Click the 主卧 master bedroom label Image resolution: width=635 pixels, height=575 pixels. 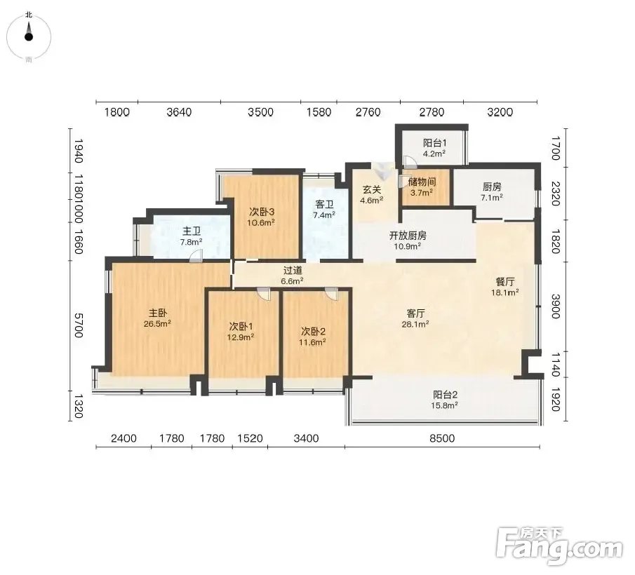tap(158, 313)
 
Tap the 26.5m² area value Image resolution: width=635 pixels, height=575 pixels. tap(157, 324)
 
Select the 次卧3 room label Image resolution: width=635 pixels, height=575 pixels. tap(262, 212)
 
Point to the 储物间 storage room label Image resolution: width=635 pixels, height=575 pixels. tap(422, 182)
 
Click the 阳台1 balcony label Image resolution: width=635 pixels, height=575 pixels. tap(434, 143)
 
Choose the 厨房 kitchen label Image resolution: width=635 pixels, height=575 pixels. tap(492, 187)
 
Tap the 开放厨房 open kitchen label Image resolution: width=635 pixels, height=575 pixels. tap(408, 236)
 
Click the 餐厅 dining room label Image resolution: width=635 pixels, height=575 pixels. tap(504, 282)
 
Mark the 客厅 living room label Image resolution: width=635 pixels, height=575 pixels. tap(415, 313)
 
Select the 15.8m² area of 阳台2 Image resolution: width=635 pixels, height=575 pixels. tap(444, 405)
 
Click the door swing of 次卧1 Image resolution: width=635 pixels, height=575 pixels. tap(263, 295)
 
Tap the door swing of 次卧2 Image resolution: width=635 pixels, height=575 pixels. tap(331, 295)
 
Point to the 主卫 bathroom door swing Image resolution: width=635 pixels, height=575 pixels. tap(196, 256)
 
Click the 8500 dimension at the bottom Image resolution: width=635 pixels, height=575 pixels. tap(442, 438)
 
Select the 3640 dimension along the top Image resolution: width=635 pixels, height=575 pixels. tap(179, 112)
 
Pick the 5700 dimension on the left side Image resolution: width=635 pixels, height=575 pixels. tap(79, 325)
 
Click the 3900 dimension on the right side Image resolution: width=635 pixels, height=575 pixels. tap(556, 306)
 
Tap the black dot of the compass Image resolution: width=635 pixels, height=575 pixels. tap(28, 37)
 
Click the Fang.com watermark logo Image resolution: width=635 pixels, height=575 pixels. tap(559, 546)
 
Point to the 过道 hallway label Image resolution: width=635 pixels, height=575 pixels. tap(293, 270)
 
